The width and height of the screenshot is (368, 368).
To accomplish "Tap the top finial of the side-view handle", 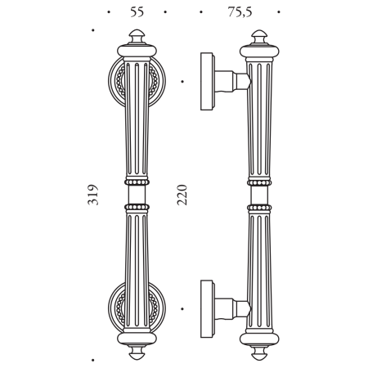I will tap(261, 43).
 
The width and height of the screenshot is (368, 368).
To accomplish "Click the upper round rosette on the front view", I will tap(115, 82).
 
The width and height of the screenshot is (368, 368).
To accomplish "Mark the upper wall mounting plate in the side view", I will tap(208, 82).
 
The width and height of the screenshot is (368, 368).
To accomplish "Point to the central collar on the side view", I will tap(261, 194).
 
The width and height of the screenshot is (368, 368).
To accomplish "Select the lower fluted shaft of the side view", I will tap(261, 262).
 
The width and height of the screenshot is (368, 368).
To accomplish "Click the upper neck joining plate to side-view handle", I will tap(232, 81).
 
